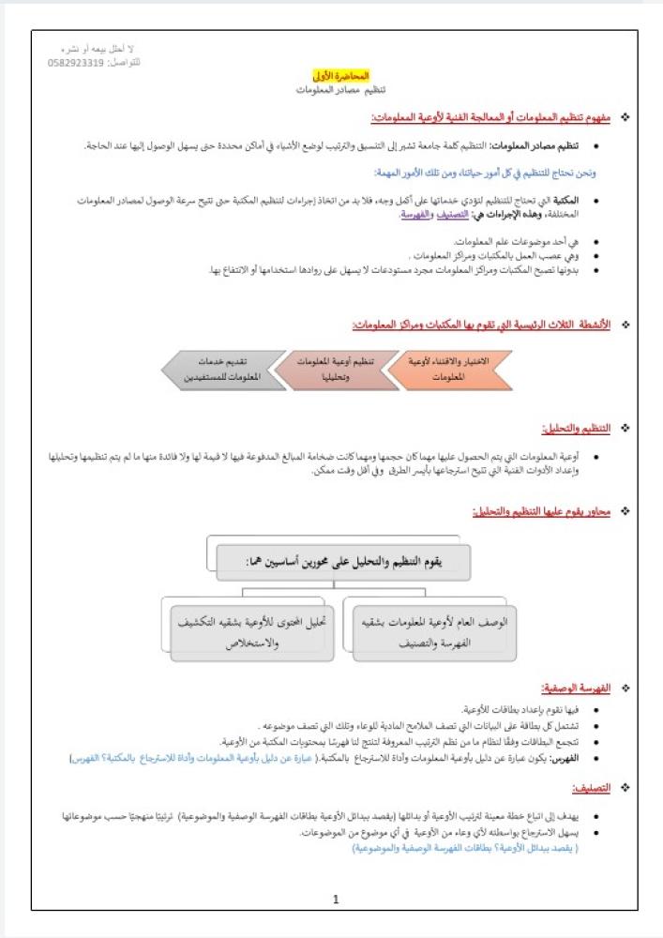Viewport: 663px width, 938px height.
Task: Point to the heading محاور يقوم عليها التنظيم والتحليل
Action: (540, 511)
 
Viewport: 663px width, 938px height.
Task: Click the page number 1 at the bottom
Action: (336, 900)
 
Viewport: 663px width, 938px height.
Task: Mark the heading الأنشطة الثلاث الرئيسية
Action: (480, 325)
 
